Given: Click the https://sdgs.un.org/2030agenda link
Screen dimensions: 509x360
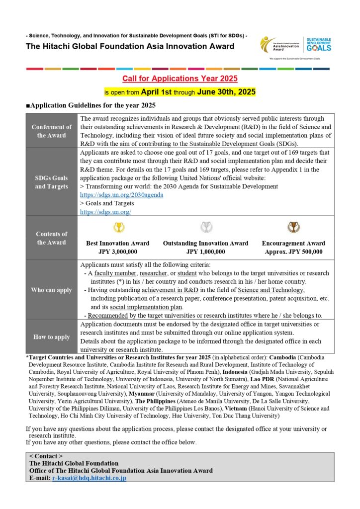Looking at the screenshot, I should pos(121,195).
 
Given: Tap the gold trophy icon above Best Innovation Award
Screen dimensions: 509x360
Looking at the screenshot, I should pos(118,228).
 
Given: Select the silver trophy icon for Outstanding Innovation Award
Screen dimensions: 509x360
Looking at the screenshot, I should pos(205,228).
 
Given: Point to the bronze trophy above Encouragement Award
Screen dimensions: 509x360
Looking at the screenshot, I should pos(293,228).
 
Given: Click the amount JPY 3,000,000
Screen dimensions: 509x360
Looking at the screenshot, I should pos(118,252).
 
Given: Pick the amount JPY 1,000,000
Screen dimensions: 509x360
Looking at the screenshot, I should pos(205,252).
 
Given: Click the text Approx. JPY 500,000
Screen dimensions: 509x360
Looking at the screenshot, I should pos(293,252).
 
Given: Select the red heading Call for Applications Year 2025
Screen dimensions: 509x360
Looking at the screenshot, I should pos(180,79).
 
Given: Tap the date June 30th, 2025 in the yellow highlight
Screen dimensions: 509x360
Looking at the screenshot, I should pos(226,92).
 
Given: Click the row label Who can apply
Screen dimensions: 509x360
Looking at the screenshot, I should pos(52,290).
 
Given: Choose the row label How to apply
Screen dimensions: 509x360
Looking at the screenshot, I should pos(52,337).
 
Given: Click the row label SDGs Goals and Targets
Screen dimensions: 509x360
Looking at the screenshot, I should pos(52,182).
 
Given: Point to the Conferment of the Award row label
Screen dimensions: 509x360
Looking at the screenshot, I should pos(52,131).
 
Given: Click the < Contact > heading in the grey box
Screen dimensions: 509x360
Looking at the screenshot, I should pos(46,456).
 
